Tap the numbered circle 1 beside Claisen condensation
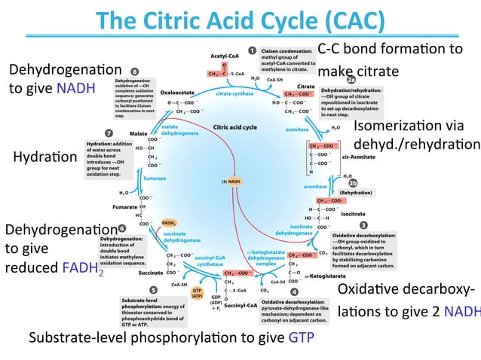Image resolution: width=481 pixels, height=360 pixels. (253, 51)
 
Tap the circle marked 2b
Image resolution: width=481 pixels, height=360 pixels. (352, 182)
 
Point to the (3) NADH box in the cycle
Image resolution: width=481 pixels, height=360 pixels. (232, 182)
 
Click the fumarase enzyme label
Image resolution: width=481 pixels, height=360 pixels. (155, 178)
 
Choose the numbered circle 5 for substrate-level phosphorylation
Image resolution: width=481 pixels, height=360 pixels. (153, 290)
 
